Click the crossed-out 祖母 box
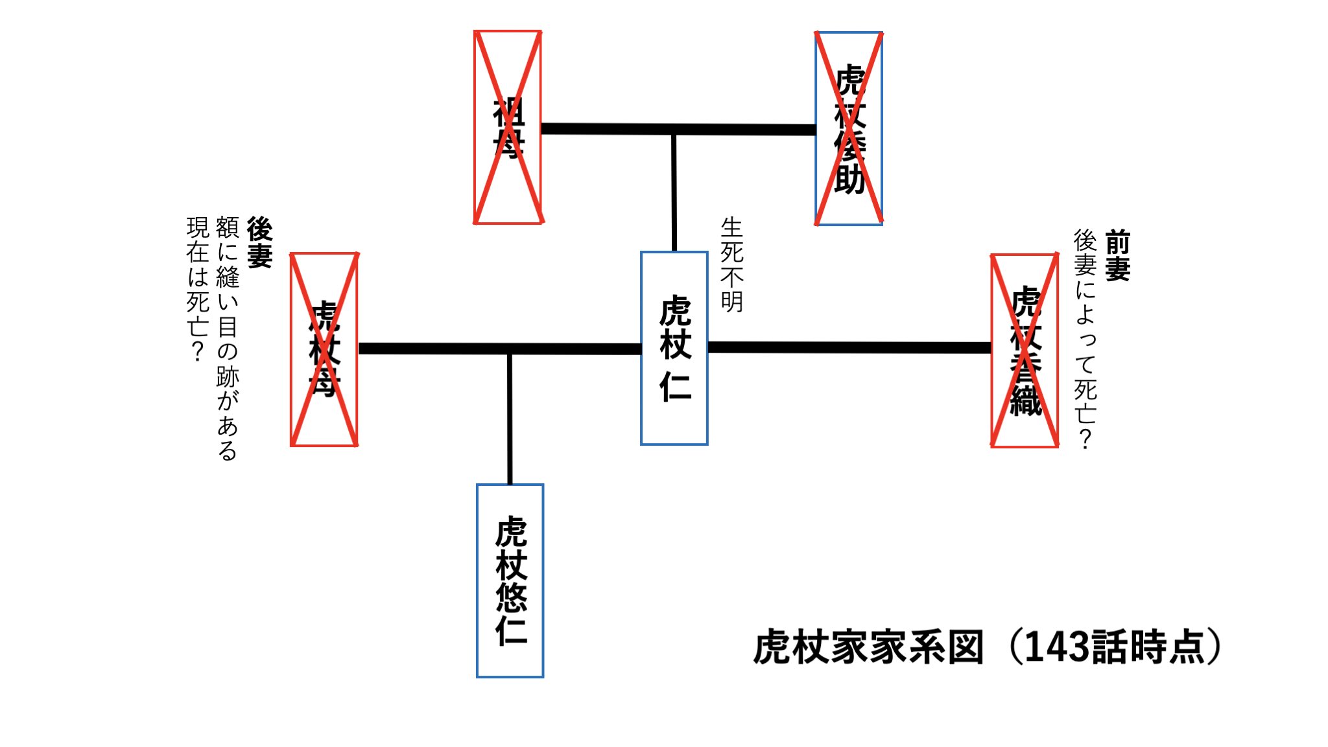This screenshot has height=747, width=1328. pos(508,127)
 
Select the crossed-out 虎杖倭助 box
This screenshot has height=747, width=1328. pos(849,128)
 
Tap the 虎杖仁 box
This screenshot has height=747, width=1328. pos(674,348)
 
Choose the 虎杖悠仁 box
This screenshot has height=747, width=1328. pos(510,580)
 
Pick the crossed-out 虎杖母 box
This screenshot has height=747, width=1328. pos(324,349)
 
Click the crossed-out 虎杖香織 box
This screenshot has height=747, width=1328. pos(1025,351)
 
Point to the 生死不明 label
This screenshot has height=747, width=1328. pos(732,264)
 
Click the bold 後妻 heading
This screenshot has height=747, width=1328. pos(259,242)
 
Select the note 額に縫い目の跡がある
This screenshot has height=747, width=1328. pos(228,338)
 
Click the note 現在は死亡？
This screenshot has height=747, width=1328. pos(198,289)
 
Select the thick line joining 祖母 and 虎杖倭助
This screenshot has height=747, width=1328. pos(678,130)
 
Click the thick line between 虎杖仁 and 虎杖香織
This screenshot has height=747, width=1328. pos(849,348)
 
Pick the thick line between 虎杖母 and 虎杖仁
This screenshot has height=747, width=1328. pos(499,349)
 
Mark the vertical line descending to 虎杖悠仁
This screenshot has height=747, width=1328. pos(510,419)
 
